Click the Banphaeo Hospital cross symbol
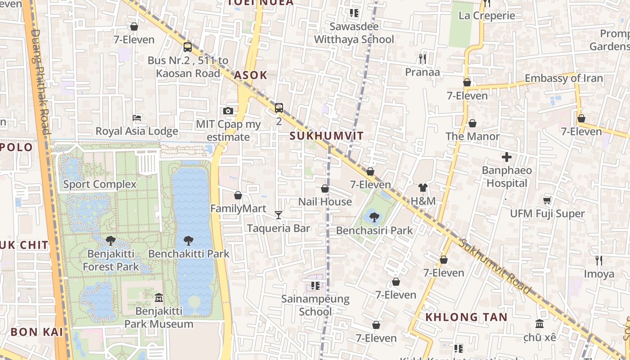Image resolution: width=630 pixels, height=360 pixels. click(x=507, y=157)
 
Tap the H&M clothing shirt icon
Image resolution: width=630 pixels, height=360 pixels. click(x=423, y=188)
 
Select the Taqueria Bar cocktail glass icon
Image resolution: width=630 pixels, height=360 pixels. click(x=279, y=215)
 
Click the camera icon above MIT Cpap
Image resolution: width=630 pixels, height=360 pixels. click(x=228, y=111)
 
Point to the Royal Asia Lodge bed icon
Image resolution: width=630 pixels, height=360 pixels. click(x=137, y=118)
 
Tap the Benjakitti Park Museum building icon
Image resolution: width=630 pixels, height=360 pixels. click(x=158, y=297)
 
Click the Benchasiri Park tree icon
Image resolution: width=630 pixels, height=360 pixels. click(x=374, y=217)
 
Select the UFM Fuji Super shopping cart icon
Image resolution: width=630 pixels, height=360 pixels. click(x=547, y=200)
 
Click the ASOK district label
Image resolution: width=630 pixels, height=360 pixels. click(x=251, y=75)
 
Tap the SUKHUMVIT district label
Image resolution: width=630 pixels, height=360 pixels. click(x=327, y=136)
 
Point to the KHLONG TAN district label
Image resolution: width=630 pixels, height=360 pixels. click(x=466, y=317)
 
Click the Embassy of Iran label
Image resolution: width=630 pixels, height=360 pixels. click(x=563, y=78)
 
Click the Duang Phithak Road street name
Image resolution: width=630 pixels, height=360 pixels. click(x=40, y=81)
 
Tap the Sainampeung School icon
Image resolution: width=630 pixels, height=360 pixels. click(x=315, y=286)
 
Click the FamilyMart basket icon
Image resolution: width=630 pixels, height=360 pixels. click(x=238, y=195)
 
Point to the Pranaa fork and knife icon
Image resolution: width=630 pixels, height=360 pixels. click(x=422, y=58)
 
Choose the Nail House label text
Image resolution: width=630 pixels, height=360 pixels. click(x=325, y=202)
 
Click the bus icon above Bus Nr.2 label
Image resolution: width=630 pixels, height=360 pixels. click(x=187, y=47)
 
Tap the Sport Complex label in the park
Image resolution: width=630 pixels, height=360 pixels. click(x=99, y=184)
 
